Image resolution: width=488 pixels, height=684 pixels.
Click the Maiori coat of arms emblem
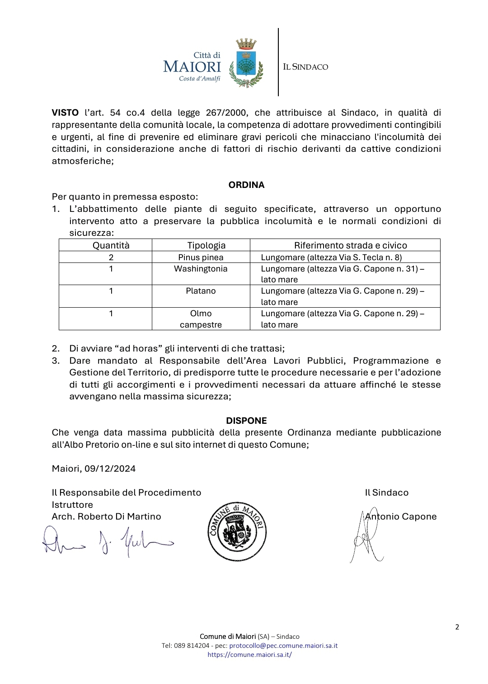point(246,63)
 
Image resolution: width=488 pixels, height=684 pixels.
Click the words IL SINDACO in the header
point(305,67)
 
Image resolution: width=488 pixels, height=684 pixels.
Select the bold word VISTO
point(65,112)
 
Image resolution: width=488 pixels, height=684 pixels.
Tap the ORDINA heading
point(246,185)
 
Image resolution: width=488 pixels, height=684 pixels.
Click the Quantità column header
point(111,245)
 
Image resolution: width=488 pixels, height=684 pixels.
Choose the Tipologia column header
point(206,245)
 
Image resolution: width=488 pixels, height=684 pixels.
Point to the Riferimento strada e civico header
point(350,245)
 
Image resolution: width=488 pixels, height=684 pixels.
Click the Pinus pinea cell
point(201,257)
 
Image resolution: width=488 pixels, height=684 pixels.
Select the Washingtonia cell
point(201,269)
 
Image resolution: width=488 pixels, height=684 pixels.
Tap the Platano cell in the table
point(201,291)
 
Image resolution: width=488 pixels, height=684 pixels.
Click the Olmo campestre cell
point(201,319)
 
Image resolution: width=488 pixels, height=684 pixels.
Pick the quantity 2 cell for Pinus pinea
point(111,257)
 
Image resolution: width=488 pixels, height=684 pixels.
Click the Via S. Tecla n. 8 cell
point(331,257)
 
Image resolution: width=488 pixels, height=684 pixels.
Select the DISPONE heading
point(246,421)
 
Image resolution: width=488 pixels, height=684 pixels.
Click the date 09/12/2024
point(110,468)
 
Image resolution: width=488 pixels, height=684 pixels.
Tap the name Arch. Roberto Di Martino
point(106,516)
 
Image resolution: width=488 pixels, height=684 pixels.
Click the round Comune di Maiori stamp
point(237,532)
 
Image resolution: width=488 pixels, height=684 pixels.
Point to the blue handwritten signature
point(108,540)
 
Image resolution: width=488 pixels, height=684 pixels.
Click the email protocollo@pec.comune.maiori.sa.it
point(283,646)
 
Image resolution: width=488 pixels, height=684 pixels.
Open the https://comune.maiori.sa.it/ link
point(249,655)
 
